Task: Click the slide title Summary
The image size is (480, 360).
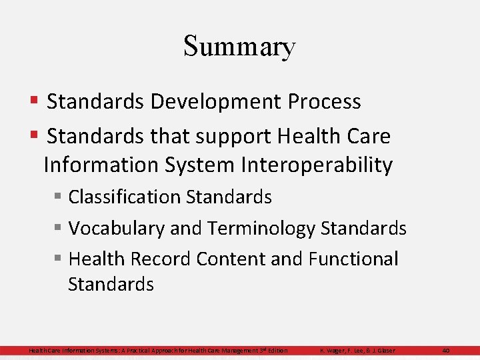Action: [x=239, y=46]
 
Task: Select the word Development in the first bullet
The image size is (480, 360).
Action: [x=217, y=102]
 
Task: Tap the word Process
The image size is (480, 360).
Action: [x=325, y=102]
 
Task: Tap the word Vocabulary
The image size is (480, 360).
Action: [x=117, y=228]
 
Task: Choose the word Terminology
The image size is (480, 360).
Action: [x=261, y=228]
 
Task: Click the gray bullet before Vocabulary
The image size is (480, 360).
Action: [x=59, y=228]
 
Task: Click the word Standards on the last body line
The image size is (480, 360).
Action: [x=111, y=284]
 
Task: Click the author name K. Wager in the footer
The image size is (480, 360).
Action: [x=334, y=350]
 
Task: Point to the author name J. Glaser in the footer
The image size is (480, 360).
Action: [x=382, y=350]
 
